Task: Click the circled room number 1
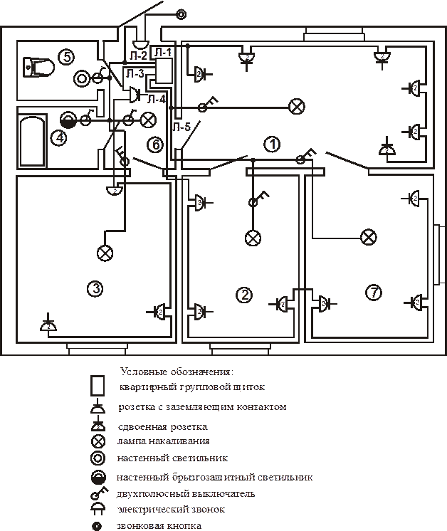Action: point(271,144)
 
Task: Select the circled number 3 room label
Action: point(94,288)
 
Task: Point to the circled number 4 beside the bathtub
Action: point(59,137)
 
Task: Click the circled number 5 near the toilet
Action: point(65,57)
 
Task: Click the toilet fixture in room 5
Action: point(40,68)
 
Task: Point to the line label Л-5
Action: point(181,127)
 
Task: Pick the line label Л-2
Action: point(138,55)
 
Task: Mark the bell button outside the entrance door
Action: point(181,14)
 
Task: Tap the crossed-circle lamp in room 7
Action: point(368,236)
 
